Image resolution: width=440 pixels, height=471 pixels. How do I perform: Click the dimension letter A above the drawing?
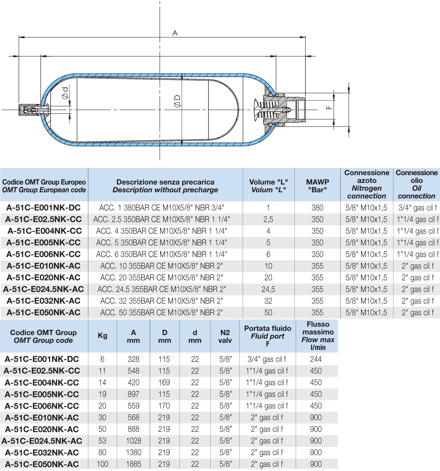click(175, 33)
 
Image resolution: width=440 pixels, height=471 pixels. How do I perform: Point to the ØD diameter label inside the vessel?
click(177, 101)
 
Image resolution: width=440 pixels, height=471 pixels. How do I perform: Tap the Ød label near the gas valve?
click(65, 93)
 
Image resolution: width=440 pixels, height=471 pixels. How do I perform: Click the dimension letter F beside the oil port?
click(329, 107)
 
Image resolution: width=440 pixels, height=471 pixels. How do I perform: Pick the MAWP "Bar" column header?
click(317, 186)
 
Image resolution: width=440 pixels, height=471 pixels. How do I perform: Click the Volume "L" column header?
click(268, 186)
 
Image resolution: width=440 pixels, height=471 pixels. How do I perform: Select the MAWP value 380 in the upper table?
click(317, 208)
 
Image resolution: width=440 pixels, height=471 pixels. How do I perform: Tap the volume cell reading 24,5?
click(268, 289)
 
